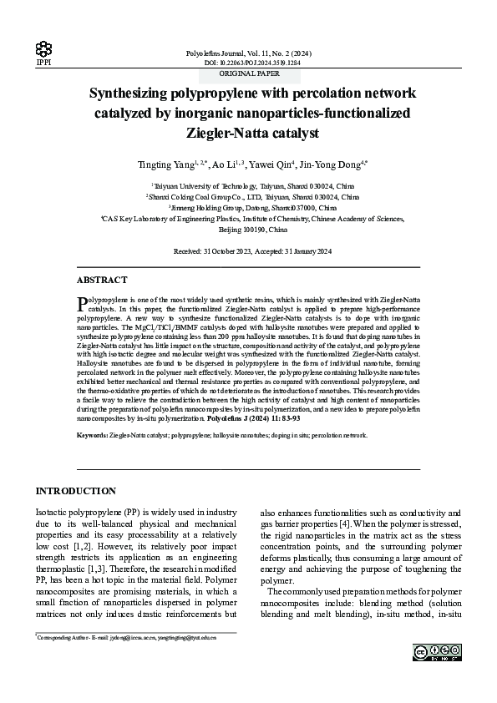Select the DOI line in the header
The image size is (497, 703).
(x=252, y=63)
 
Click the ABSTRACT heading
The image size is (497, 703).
(x=102, y=281)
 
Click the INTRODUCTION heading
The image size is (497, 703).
(x=75, y=491)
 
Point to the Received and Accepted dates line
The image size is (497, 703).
(x=252, y=250)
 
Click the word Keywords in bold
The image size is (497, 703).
(x=92, y=436)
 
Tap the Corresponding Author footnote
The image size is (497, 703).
(x=125, y=637)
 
